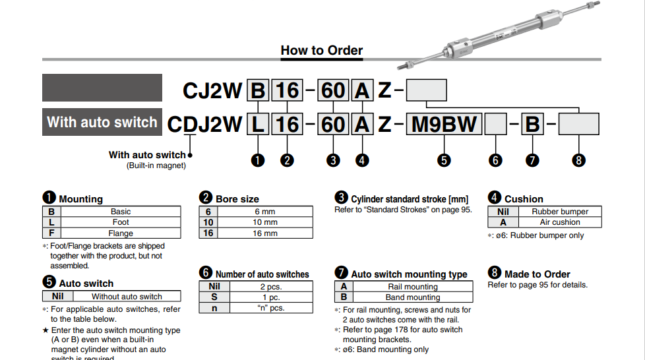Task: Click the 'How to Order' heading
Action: point(321,50)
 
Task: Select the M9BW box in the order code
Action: point(445,124)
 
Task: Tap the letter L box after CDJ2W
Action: point(258,124)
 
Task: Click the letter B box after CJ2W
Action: point(258,90)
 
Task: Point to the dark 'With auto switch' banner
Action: point(102,122)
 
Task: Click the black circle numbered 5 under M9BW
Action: point(445,160)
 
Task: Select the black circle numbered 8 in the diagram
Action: point(579,160)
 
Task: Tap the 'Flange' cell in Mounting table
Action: point(121,233)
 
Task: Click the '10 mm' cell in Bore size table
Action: point(265,222)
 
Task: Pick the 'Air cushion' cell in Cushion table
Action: point(560,222)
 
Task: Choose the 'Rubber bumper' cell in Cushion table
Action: point(560,212)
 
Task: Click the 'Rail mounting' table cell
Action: point(413,287)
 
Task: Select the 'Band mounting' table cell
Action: point(413,297)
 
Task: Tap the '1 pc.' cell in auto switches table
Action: point(270,297)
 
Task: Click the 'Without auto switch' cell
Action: point(127,297)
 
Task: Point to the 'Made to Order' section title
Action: point(537,274)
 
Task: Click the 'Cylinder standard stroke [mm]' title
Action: point(409,199)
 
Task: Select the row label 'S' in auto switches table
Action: point(214,297)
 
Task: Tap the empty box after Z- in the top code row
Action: point(426,90)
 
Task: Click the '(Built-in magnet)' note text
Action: point(156,165)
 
